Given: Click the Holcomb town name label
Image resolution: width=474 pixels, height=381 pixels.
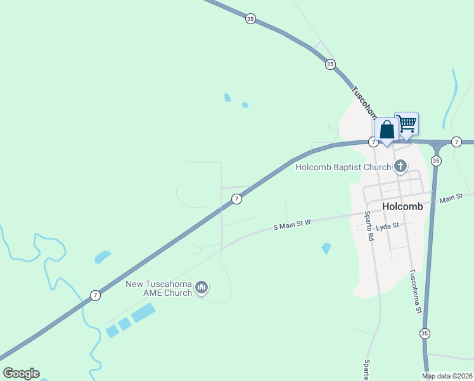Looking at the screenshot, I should pyautogui.click(x=402, y=207).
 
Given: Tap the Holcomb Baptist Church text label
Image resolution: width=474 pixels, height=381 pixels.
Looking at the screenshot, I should pyautogui.click(x=343, y=168).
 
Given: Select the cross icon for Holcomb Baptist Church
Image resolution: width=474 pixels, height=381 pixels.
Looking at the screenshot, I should pyautogui.click(x=400, y=167).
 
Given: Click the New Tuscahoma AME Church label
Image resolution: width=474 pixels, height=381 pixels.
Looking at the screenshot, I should pyautogui.click(x=158, y=288).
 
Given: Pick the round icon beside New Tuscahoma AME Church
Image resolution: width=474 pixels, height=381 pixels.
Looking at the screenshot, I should pyautogui.click(x=202, y=288).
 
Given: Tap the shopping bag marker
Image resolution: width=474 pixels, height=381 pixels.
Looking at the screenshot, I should pyautogui.click(x=387, y=130).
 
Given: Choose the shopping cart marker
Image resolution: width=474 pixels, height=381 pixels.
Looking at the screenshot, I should pyautogui.click(x=406, y=123).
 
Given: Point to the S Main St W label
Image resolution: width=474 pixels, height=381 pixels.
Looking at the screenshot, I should pyautogui.click(x=292, y=225).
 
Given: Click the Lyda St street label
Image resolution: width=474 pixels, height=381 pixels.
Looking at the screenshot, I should pyautogui.click(x=387, y=225).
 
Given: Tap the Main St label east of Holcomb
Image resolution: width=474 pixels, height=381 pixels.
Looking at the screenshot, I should pyautogui.click(x=451, y=199).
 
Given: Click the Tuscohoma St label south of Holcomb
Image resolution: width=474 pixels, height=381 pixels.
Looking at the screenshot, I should pyautogui.click(x=415, y=291).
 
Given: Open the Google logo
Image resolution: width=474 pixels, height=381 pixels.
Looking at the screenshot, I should pyautogui.click(x=21, y=373).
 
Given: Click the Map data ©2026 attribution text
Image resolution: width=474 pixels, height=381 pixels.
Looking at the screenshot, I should pyautogui.click(x=447, y=376).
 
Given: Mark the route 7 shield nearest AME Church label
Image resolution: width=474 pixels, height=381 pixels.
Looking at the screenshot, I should pyautogui.click(x=95, y=295).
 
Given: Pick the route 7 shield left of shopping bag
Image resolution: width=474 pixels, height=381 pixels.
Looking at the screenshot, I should pyautogui.click(x=374, y=142).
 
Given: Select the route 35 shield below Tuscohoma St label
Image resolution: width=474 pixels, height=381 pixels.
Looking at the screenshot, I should pyautogui.click(x=425, y=333).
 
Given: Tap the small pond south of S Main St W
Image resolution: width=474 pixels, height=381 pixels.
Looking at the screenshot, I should pyautogui.click(x=326, y=248).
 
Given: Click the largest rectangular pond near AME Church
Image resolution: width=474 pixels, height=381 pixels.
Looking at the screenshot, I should pyautogui.click(x=143, y=312).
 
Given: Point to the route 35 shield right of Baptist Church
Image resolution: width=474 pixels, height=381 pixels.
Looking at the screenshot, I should pyautogui.click(x=436, y=161).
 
